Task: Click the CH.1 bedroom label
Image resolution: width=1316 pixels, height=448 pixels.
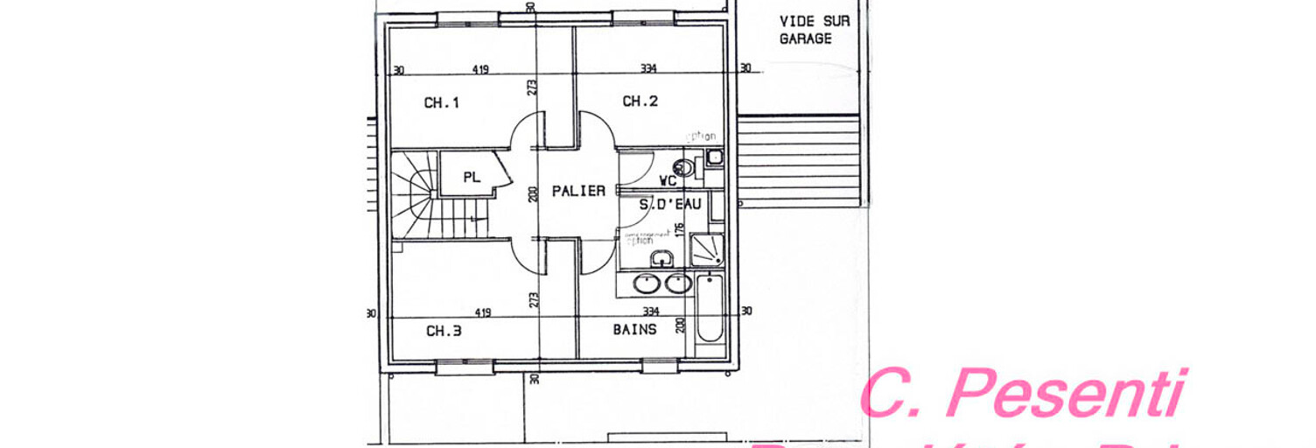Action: (442, 103)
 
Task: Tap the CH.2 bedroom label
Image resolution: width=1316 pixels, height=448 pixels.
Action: (640, 101)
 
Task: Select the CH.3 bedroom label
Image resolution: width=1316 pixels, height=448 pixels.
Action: (444, 332)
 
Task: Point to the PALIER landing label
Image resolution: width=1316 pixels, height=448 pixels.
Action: (578, 191)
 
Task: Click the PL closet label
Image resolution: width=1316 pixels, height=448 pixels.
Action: (472, 178)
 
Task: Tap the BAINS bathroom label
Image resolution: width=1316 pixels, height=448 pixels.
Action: (634, 330)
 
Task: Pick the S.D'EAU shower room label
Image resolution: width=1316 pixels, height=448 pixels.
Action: (669, 205)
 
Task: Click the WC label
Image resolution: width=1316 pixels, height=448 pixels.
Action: (668, 181)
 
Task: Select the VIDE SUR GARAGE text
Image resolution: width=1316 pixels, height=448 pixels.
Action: (805, 30)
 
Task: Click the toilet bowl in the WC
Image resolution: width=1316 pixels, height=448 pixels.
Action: (684, 167)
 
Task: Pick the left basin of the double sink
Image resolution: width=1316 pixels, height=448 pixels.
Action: (647, 283)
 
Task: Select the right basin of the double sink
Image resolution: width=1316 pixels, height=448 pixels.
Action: (677, 283)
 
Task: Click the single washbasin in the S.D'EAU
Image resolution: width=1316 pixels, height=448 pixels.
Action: (661, 256)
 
